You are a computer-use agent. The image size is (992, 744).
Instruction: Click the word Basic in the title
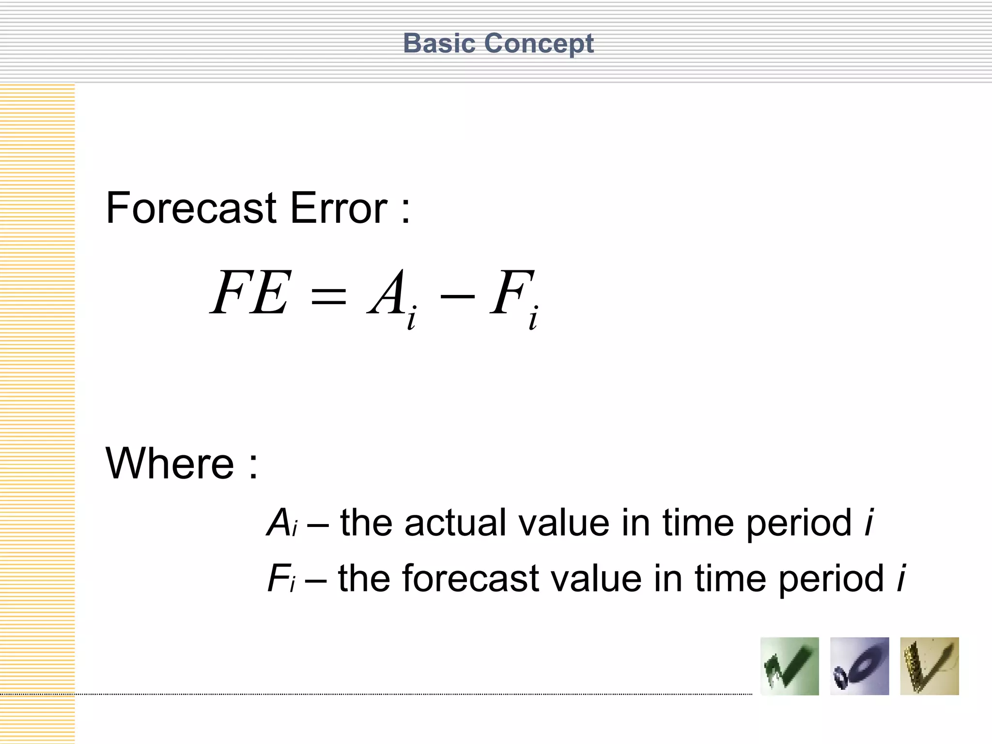tap(439, 44)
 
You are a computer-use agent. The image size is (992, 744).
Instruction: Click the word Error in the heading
tap(339, 208)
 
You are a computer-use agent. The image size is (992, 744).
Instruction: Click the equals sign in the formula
tap(328, 295)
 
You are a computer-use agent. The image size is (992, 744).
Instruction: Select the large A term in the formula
tap(387, 293)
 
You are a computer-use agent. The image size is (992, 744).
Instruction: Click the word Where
tap(170, 464)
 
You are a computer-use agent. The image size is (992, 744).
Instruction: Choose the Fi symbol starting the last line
tap(281, 579)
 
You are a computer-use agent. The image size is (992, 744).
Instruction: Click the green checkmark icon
tap(790, 666)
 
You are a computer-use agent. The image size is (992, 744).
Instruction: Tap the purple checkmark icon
tap(859, 666)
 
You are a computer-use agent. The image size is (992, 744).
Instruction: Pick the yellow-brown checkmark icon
tap(929, 666)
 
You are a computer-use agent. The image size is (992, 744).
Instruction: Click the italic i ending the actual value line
tap(869, 523)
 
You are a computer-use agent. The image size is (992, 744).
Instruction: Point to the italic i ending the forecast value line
tap(901, 579)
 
